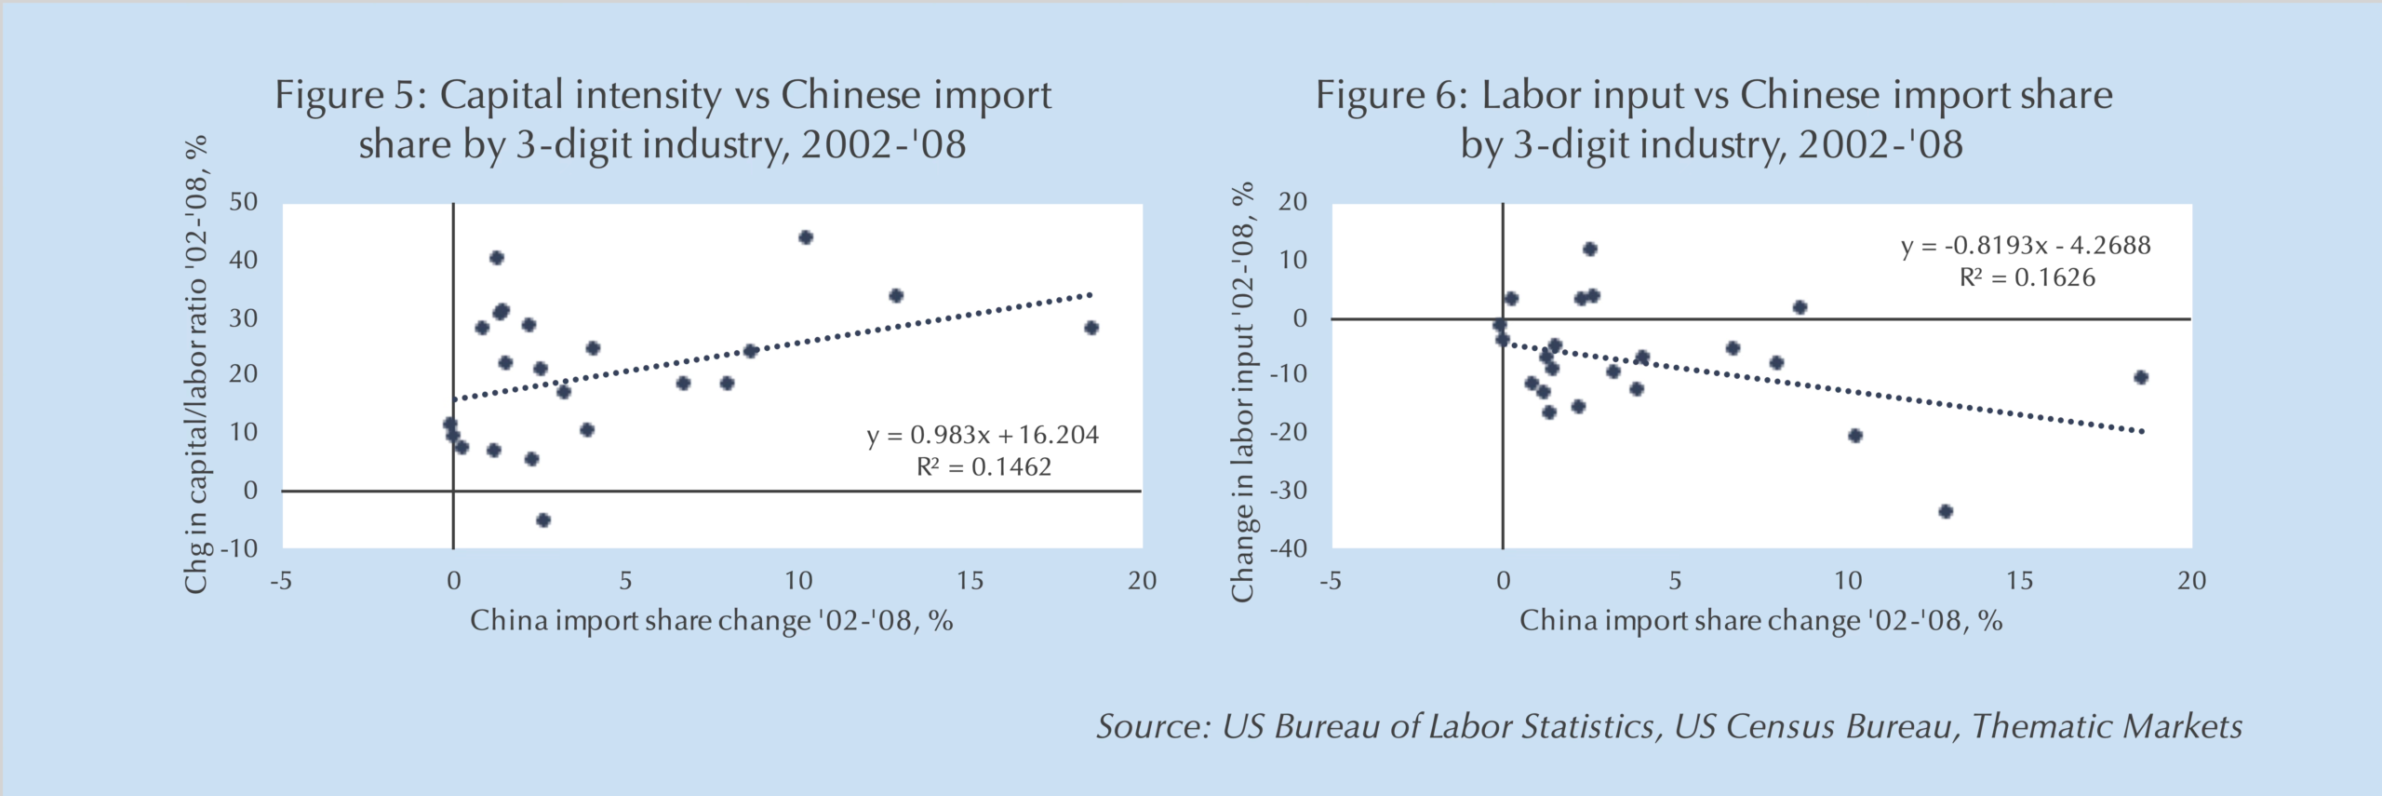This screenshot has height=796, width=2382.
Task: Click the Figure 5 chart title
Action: (662, 119)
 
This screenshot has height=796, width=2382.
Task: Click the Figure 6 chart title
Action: (1713, 119)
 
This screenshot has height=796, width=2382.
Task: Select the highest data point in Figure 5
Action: (806, 237)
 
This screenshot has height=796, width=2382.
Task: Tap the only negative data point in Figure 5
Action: (543, 519)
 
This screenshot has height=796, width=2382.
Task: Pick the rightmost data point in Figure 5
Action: (1091, 328)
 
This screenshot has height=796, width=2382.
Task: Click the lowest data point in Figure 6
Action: (1945, 511)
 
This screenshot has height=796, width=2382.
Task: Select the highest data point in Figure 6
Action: (1590, 249)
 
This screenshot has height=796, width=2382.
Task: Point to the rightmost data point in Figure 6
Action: (2141, 377)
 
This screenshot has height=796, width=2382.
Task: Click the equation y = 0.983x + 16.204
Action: (983, 435)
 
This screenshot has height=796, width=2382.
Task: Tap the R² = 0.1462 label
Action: (984, 466)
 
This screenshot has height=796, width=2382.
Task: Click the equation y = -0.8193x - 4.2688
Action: (2026, 246)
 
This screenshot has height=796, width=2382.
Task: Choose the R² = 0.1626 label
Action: (2027, 277)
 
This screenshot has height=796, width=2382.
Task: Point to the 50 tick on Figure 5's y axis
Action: (244, 202)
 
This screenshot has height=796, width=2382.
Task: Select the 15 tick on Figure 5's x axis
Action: (970, 581)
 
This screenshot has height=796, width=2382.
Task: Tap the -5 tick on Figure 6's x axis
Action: (1331, 581)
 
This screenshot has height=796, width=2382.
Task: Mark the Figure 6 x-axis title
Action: (1760, 621)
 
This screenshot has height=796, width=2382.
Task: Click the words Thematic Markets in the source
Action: (2107, 726)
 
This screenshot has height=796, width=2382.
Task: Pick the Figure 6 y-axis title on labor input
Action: (1243, 391)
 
